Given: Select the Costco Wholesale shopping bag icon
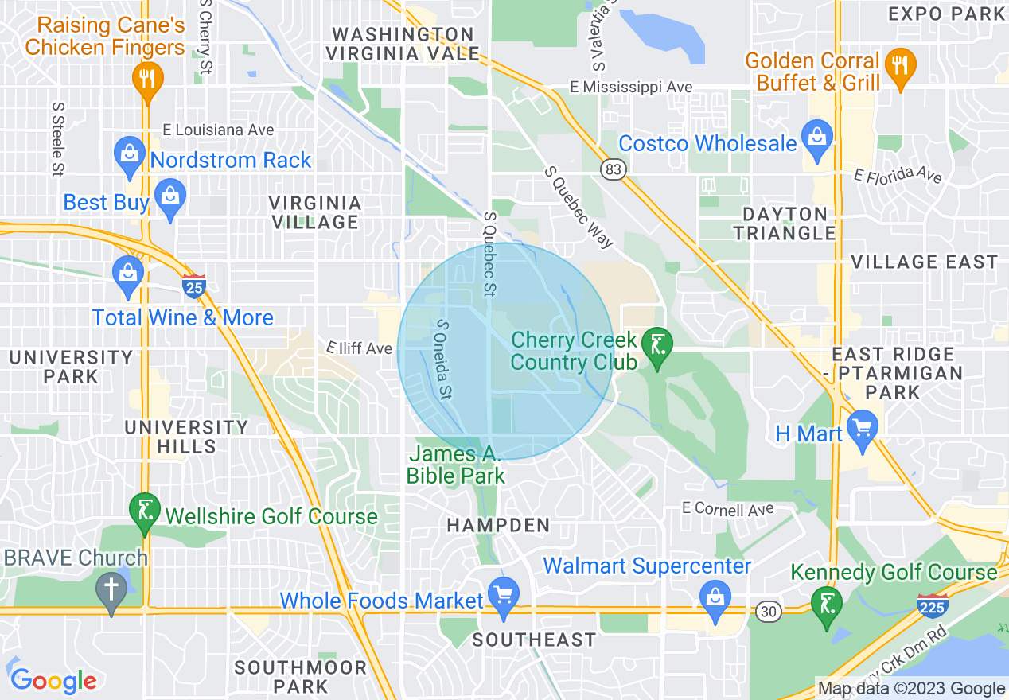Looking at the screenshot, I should pos(816,136).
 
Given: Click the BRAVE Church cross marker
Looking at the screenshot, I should pos(111,591).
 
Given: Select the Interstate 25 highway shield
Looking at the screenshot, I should pos(193,285).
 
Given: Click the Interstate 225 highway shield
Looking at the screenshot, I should pos(930,605).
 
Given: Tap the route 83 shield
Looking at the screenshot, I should pos(614,169).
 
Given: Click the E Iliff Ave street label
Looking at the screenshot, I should pos(360,348).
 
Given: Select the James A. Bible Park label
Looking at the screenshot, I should pos(455,465).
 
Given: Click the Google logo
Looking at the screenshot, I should pos(53,680).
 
